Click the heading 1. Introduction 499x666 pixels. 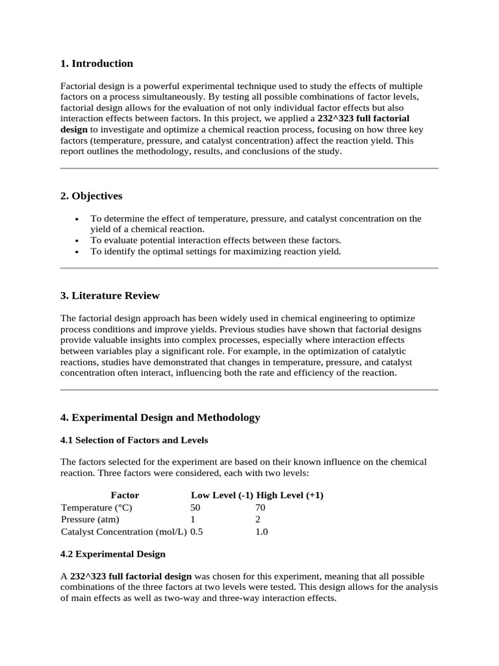[96, 64]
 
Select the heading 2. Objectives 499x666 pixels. [91, 196]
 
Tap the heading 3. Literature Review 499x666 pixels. [110, 296]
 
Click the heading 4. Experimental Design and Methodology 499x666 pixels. [160, 418]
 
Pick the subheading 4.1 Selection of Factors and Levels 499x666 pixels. [134, 440]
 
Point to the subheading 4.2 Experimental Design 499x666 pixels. [113, 554]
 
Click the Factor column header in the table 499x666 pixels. [125, 495]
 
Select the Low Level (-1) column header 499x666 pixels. [222, 495]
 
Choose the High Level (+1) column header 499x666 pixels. [290, 495]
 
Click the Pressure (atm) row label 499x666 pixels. [90, 520]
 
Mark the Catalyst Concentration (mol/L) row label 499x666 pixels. [123, 532]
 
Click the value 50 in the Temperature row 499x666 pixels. [196, 507]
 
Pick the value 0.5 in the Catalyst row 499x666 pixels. [197, 532]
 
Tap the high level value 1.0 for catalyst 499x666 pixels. [262, 532]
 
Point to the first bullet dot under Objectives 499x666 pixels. [78, 219]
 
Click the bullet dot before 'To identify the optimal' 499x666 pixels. [78, 252]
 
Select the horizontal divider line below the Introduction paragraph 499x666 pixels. [249, 168]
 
